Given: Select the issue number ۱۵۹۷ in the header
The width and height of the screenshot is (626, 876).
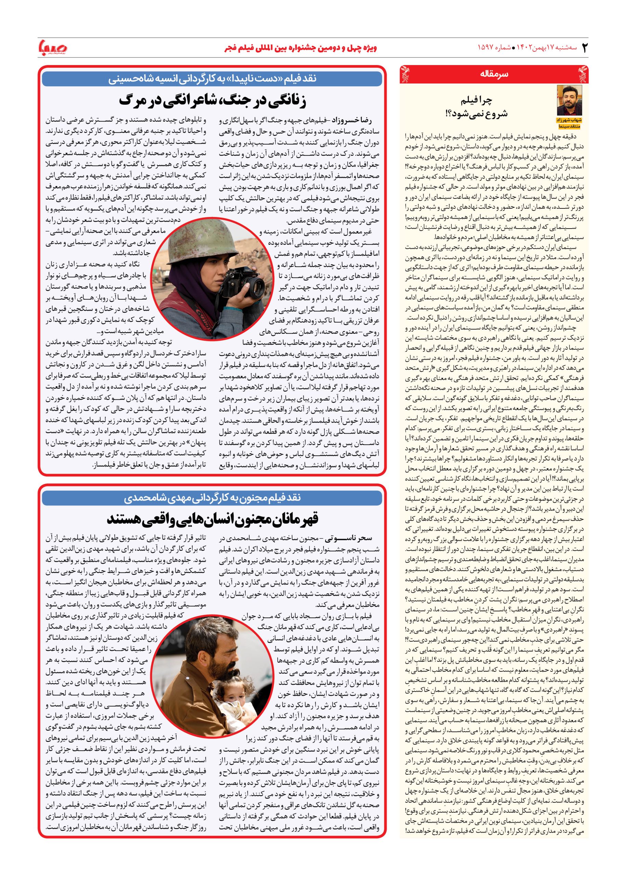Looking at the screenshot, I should [488, 48].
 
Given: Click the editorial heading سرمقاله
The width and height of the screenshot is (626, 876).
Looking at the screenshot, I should [495, 74].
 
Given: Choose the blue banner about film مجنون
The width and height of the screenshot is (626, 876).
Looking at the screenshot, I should [212, 498].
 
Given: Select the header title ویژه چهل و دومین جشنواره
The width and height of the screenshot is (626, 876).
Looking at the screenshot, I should [300, 48].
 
